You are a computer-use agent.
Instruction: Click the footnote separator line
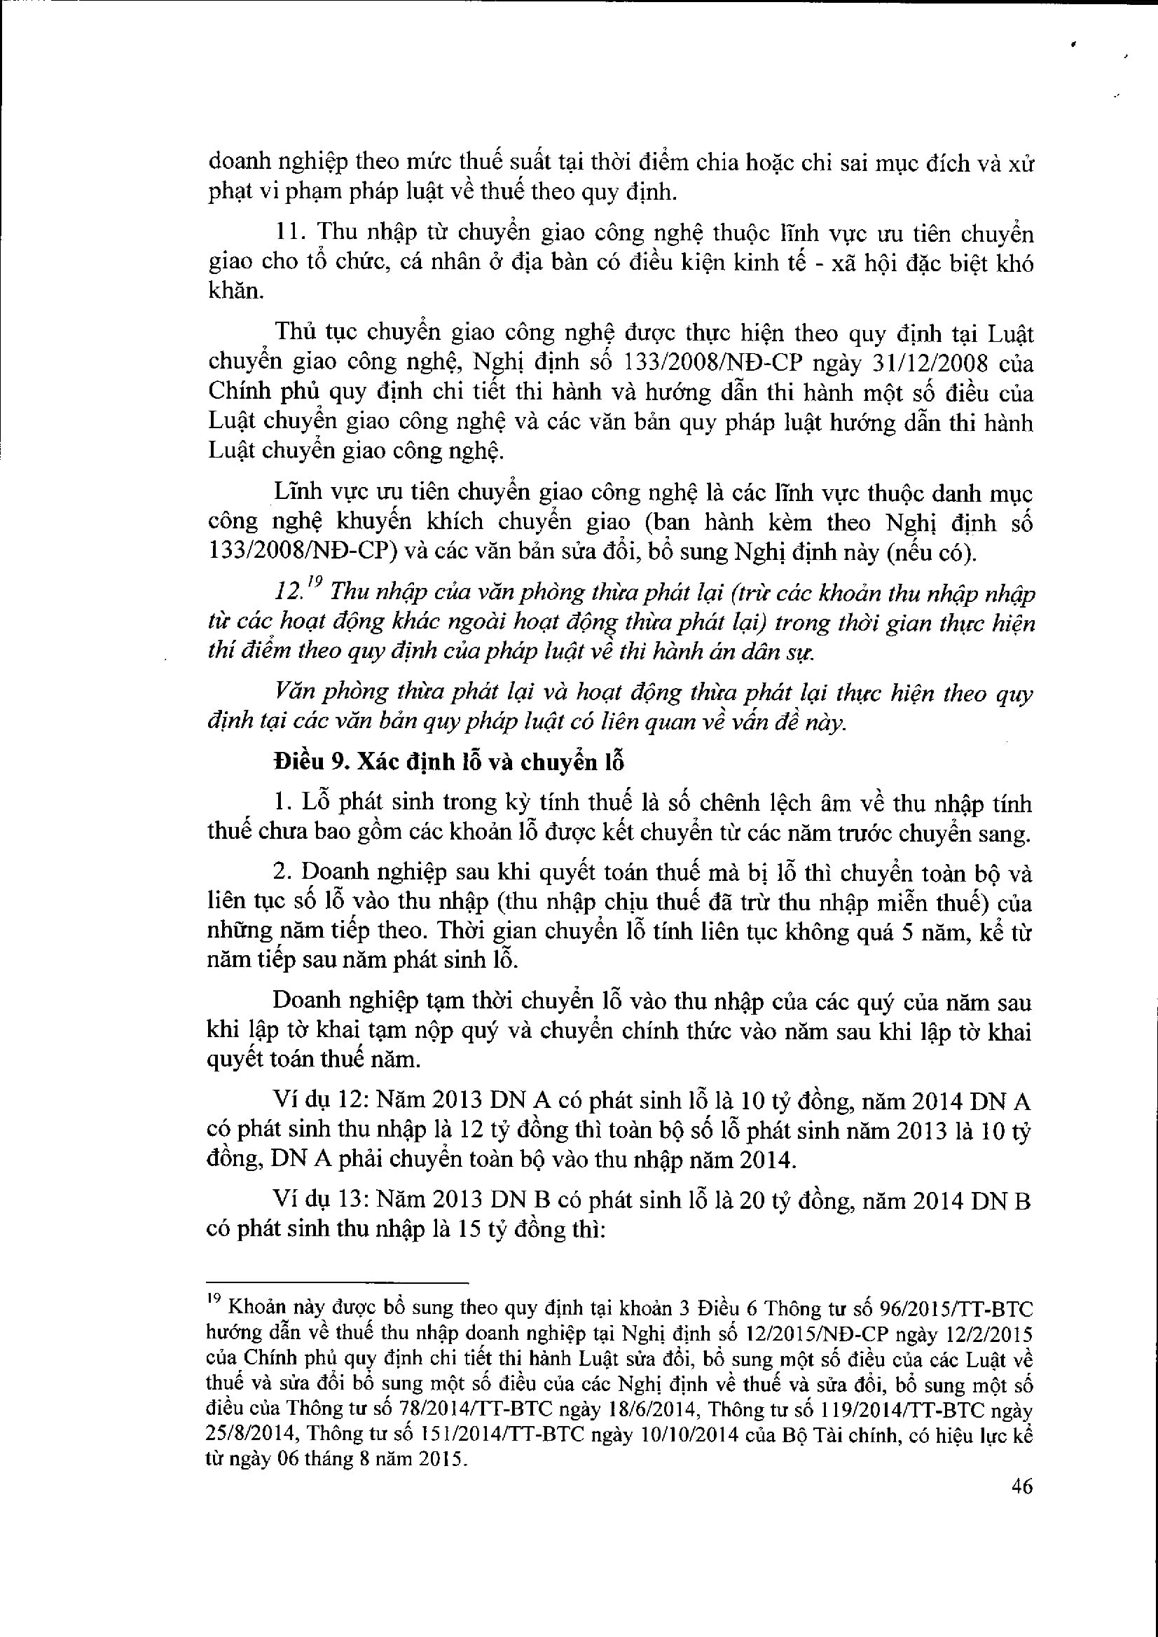(336, 1282)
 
